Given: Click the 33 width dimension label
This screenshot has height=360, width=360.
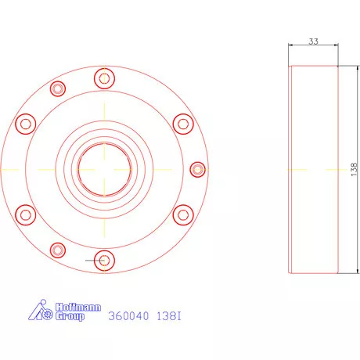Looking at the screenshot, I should tap(313, 41).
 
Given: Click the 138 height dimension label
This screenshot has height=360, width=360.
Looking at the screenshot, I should tap(353, 169).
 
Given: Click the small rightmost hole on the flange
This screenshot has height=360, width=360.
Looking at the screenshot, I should tap(198, 168).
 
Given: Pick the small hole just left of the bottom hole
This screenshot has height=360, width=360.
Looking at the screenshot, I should tap(56, 250).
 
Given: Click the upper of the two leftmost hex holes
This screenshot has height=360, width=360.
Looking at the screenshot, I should tap(26, 123).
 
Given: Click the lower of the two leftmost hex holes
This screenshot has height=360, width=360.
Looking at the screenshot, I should tap(26, 214).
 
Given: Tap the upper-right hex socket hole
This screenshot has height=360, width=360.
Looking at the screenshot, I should tap(183, 123).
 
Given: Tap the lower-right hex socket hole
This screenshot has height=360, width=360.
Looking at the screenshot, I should tap(183, 214).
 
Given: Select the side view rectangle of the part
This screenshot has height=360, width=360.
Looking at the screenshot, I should tap(313, 169).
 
